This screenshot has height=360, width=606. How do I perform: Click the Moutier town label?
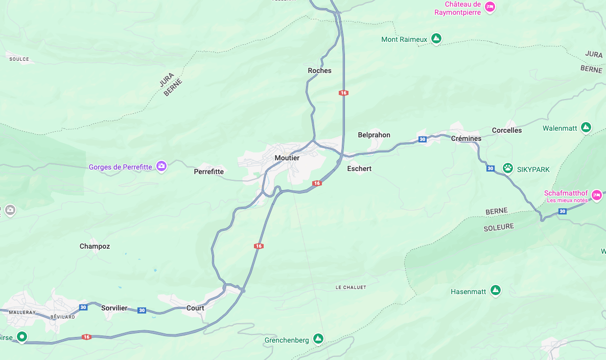pos(287,158)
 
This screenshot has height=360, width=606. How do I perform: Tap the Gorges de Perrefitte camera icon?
pos(161,166)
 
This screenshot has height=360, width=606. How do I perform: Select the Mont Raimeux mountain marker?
pos(436,38)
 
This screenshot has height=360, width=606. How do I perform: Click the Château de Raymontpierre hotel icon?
pos(490,7)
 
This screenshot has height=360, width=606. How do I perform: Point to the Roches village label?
pos(319,71)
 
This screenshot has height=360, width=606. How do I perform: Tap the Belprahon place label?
pos(374,135)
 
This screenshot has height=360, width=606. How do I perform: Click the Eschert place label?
pos(359,169)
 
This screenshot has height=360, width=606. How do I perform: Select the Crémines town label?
pos(466,139)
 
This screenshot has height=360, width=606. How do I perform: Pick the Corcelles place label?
pos(507,131)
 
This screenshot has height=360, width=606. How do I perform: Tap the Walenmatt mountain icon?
pos(586,127)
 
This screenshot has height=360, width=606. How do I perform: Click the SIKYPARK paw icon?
pos(507,167)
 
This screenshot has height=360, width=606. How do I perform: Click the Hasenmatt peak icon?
pos(495,290)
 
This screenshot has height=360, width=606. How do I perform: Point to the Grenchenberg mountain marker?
pos(318,339)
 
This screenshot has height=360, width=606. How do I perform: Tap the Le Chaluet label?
pos(351,287)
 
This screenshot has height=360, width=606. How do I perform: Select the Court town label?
pos(195,308)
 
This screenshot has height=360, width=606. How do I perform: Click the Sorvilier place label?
pos(114,308)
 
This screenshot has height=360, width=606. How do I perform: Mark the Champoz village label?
pos(95,247)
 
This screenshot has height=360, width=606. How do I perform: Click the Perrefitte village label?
pos(209,172)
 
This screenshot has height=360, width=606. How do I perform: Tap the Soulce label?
pos(19,59)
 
